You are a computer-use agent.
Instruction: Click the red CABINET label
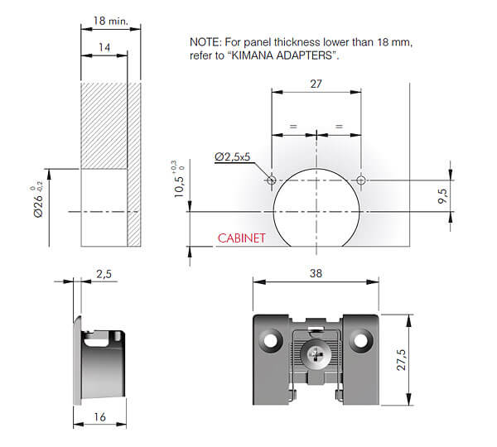click(x=241, y=238)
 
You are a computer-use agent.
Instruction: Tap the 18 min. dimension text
click(x=111, y=21)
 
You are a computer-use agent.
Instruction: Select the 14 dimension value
click(x=104, y=47)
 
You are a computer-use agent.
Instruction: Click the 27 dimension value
click(x=316, y=84)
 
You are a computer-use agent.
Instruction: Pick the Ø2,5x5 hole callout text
click(x=232, y=156)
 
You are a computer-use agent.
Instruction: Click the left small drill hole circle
click(x=272, y=180)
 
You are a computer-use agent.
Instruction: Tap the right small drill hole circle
click(x=360, y=180)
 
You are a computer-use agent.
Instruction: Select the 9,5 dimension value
click(x=443, y=196)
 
